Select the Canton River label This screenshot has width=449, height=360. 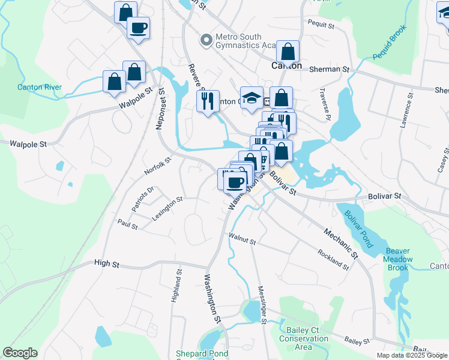click(x=39, y=87)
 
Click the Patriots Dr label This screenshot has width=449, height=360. click(x=143, y=197)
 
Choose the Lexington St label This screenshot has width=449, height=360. click(x=167, y=209)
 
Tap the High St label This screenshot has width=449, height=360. click(x=107, y=263)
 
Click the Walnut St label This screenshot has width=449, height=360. click(x=242, y=239)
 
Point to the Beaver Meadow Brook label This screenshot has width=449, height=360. click(x=399, y=259)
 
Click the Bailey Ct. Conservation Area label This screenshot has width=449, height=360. click(x=304, y=338)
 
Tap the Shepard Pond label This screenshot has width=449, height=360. click(x=202, y=354)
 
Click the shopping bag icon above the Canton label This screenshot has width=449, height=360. click(x=288, y=52)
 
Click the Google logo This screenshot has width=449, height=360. click(x=20, y=353)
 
